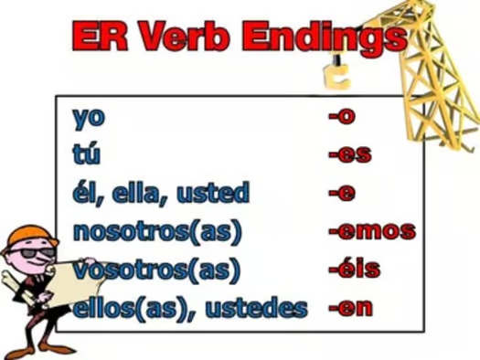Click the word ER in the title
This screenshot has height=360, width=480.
click(x=100, y=37)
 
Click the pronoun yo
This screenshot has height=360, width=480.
click(x=90, y=119)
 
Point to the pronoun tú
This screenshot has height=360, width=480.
click(x=87, y=155)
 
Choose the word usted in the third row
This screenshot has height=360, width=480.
click(x=216, y=193)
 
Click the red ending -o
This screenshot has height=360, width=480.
click(x=342, y=119)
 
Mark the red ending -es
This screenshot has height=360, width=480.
click(x=349, y=155)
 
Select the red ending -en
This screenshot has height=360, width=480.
click(x=351, y=306)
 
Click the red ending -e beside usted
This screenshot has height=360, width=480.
click(x=342, y=193)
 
